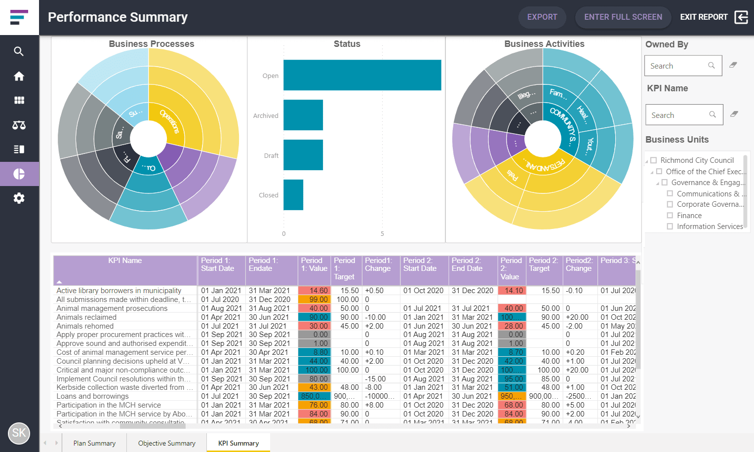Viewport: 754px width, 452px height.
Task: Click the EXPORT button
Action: click(x=542, y=17)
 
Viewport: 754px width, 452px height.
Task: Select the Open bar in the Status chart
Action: click(x=362, y=75)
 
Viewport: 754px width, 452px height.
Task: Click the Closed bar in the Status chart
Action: click(x=293, y=195)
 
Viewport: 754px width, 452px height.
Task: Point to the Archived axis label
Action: click(x=266, y=115)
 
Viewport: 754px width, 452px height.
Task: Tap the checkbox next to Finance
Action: click(x=670, y=216)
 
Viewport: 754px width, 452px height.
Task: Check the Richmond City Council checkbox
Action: click(x=654, y=160)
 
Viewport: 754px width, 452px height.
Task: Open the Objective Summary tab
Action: click(x=166, y=443)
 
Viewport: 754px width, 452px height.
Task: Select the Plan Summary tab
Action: click(x=94, y=443)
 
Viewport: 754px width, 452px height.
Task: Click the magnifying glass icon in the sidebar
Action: click(x=19, y=51)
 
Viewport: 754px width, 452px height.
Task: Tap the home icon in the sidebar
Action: click(x=19, y=76)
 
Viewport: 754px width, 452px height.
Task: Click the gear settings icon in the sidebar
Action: click(x=19, y=198)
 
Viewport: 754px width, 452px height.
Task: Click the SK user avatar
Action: click(x=19, y=433)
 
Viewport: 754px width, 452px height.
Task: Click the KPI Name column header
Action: click(x=125, y=261)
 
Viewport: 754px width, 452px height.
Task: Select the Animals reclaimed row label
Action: click(x=86, y=317)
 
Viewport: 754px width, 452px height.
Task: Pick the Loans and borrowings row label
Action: click(x=92, y=396)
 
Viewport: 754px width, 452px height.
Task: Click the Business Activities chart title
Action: click(x=544, y=44)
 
